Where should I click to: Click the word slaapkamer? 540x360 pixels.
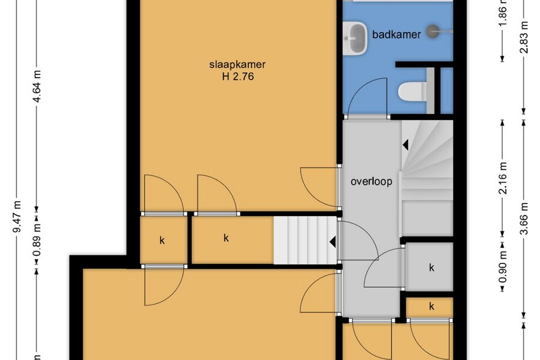[237, 64]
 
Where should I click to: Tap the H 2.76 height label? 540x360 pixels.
[238, 76]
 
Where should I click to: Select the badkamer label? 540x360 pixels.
[397, 34]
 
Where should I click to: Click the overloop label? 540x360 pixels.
[371, 181]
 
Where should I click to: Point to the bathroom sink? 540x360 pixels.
[355, 38]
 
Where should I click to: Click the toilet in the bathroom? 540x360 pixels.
[413, 92]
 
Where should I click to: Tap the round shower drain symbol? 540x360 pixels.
[433, 31]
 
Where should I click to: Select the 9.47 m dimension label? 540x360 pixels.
[17, 217]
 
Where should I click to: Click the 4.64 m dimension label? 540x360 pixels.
[37, 86]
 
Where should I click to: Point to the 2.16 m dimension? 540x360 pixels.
[502, 178]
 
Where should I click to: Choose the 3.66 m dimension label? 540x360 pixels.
[524, 218]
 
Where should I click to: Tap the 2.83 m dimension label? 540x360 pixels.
[524, 37]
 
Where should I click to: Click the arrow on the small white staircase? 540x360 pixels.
[332, 242]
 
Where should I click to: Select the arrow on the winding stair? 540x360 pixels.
[406, 145]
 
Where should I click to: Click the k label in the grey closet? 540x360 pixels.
[431, 267]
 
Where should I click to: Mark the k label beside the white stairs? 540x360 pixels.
[226, 238]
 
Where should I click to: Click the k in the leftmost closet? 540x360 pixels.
[162, 240]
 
